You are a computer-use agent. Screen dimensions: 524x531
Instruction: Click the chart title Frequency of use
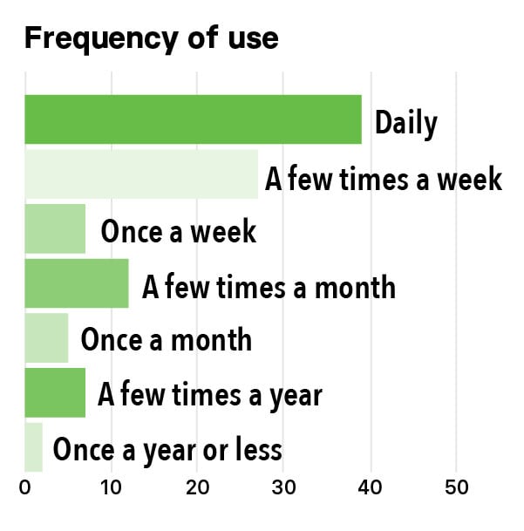152,39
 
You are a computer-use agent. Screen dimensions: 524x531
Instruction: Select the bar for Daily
193,119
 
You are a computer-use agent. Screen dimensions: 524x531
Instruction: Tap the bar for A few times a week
141,174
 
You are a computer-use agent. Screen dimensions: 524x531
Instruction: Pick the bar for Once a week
55,228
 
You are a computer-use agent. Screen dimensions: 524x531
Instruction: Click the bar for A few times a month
77,283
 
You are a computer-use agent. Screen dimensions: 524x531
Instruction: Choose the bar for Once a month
46,338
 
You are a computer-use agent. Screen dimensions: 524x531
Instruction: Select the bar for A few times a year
55,393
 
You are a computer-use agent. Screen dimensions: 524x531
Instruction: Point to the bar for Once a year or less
33,447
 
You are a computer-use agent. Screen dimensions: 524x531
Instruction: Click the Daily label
406,124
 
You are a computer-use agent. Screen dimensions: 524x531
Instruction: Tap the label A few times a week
384,178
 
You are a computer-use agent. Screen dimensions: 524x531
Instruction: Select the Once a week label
179,231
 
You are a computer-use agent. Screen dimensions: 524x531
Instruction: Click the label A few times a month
269,287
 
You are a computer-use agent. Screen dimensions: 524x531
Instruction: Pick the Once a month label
167,340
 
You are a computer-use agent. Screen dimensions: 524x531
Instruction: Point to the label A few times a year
210,395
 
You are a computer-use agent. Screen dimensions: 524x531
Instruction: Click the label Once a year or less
167,450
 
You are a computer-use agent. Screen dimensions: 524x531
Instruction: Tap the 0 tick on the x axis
24,487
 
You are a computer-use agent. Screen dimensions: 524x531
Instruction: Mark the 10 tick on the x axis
111,487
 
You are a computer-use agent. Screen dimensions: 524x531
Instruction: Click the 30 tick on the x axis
283,487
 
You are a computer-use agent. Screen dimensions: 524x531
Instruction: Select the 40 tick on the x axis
371,487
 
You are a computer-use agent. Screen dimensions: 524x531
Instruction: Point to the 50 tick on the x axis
457,487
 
